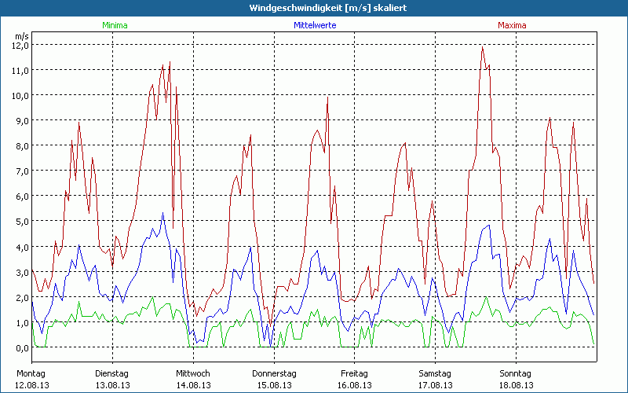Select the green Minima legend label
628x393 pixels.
coord(114,25)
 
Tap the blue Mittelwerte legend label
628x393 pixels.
coord(315,25)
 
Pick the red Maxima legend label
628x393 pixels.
coord(511,25)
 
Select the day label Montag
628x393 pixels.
coord(31,373)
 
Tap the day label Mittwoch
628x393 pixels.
coord(193,373)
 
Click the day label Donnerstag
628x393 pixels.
coord(274,373)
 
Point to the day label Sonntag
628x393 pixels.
coord(516,373)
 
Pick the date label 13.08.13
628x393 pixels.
coord(112,385)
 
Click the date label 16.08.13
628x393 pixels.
coord(355,385)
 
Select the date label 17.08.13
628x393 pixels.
coord(435,385)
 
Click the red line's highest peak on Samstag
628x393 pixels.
coord(483,46)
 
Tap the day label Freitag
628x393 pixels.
coord(355,373)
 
